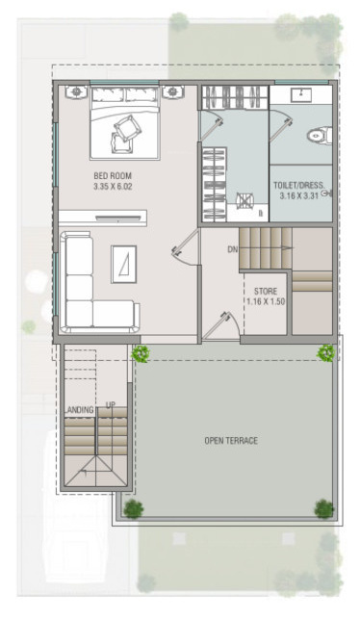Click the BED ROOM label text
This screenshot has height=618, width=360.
(106, 174)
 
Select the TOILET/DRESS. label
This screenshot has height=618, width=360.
(298, 184)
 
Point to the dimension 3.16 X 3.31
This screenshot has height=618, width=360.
(298, 195)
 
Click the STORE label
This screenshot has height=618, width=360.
(266, 290)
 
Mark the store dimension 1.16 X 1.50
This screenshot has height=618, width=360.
(266, 301)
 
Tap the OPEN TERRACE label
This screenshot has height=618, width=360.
(230, 441)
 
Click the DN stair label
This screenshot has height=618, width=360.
(232, 249)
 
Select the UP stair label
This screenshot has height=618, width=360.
(110, 405)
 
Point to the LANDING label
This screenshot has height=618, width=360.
(80, 411)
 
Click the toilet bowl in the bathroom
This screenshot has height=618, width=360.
(317, 136)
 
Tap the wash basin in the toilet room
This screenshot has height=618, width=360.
(301, 94)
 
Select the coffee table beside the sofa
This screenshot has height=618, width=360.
(124, 263)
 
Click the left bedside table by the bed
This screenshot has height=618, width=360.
(74, 92)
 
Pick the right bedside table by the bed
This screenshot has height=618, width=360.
(173, 92)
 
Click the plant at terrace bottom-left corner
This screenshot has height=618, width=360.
(133, 508)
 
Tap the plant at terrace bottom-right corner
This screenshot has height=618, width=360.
(323, 507)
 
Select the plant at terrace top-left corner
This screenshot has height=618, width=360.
(141, 353)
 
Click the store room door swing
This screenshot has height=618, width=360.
(217, 324)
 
